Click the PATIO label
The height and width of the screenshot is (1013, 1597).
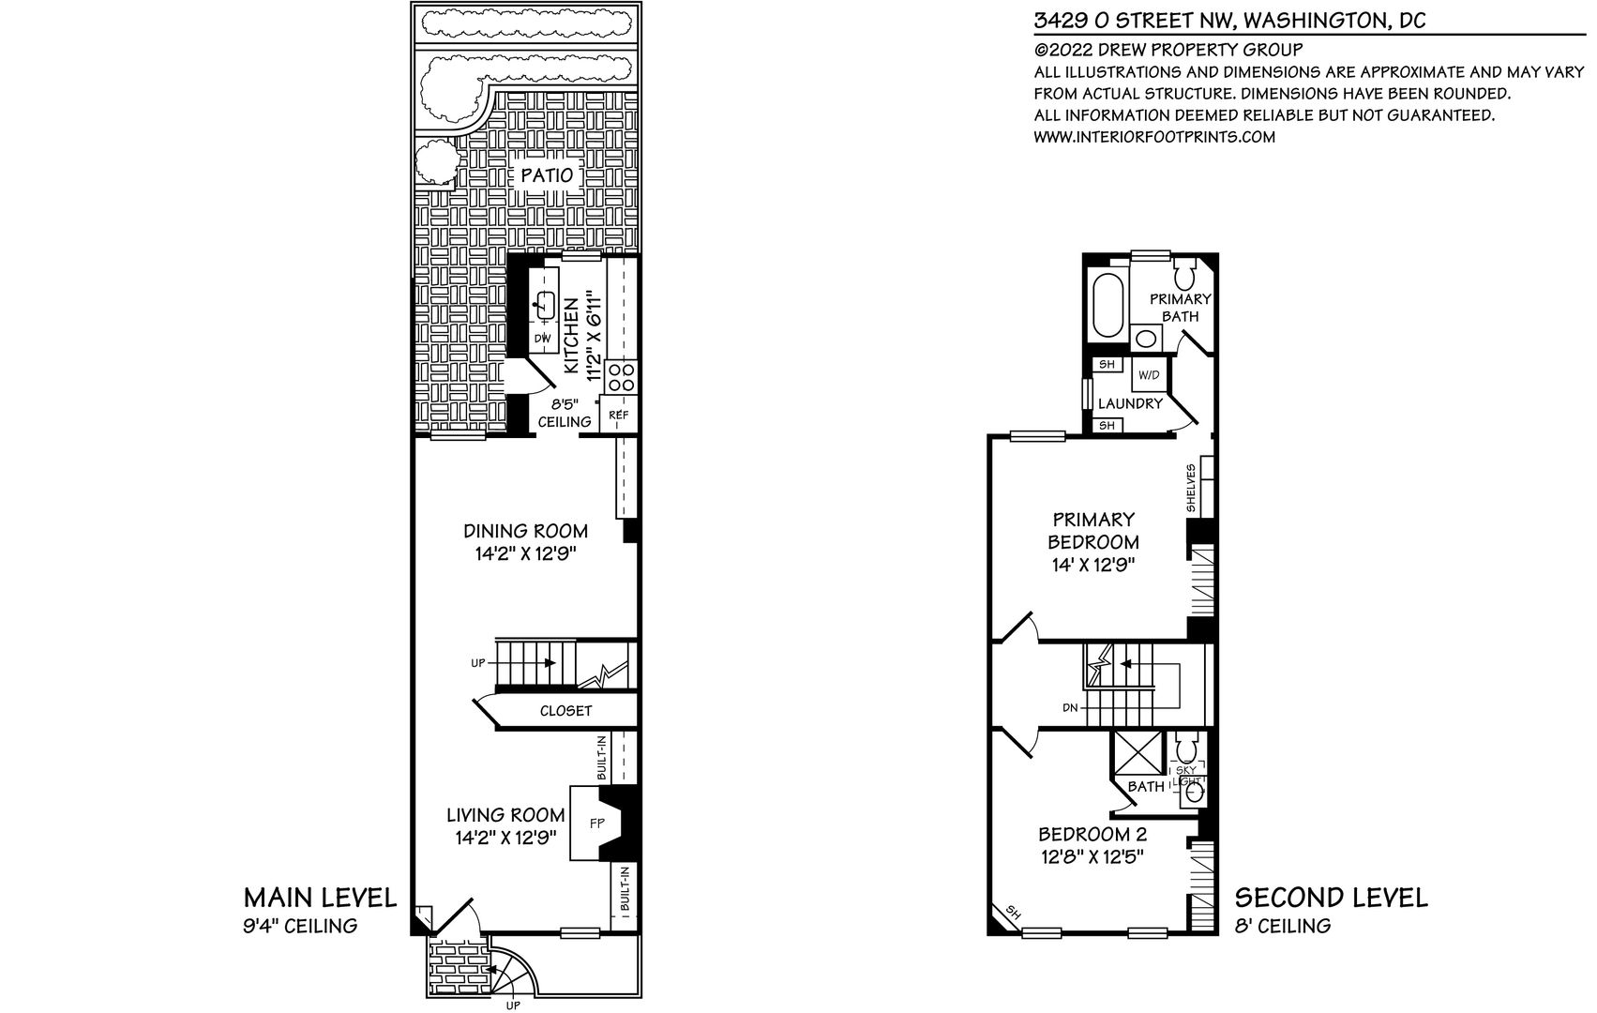click(547, 175)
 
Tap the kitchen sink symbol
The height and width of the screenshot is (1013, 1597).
click(546, 305)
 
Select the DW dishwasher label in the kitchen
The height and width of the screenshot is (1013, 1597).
click(543, 339)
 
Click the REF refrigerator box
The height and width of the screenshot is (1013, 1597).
click(618, 415)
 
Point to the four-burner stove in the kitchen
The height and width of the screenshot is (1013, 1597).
click(620, 377)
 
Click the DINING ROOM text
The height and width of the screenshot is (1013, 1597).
click(526, 531)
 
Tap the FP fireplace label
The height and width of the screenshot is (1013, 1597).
click(597, 824)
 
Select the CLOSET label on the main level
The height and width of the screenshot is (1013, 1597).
click(566, 711)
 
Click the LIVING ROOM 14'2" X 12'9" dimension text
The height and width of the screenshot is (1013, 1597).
click(505, 838)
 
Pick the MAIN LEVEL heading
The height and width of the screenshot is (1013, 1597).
click(320, 899)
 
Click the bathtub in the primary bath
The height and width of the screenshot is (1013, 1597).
click(1107, 306)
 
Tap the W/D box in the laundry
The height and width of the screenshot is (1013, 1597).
click(1149, 375)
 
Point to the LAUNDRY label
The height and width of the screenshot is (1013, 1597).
click(1131, 404)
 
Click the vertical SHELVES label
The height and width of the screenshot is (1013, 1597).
click(1191, 488)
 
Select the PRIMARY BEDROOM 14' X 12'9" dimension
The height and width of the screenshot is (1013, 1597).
click(1092, 566)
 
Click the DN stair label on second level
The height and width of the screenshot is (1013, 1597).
click(1070, 708)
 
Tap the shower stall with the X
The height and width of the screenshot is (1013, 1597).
click(1138, 753)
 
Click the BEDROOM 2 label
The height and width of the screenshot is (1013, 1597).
click(1092, 834)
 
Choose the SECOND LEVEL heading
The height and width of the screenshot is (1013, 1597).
click(1331, 899)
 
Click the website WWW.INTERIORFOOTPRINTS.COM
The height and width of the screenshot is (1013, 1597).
click(1154, 137)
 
